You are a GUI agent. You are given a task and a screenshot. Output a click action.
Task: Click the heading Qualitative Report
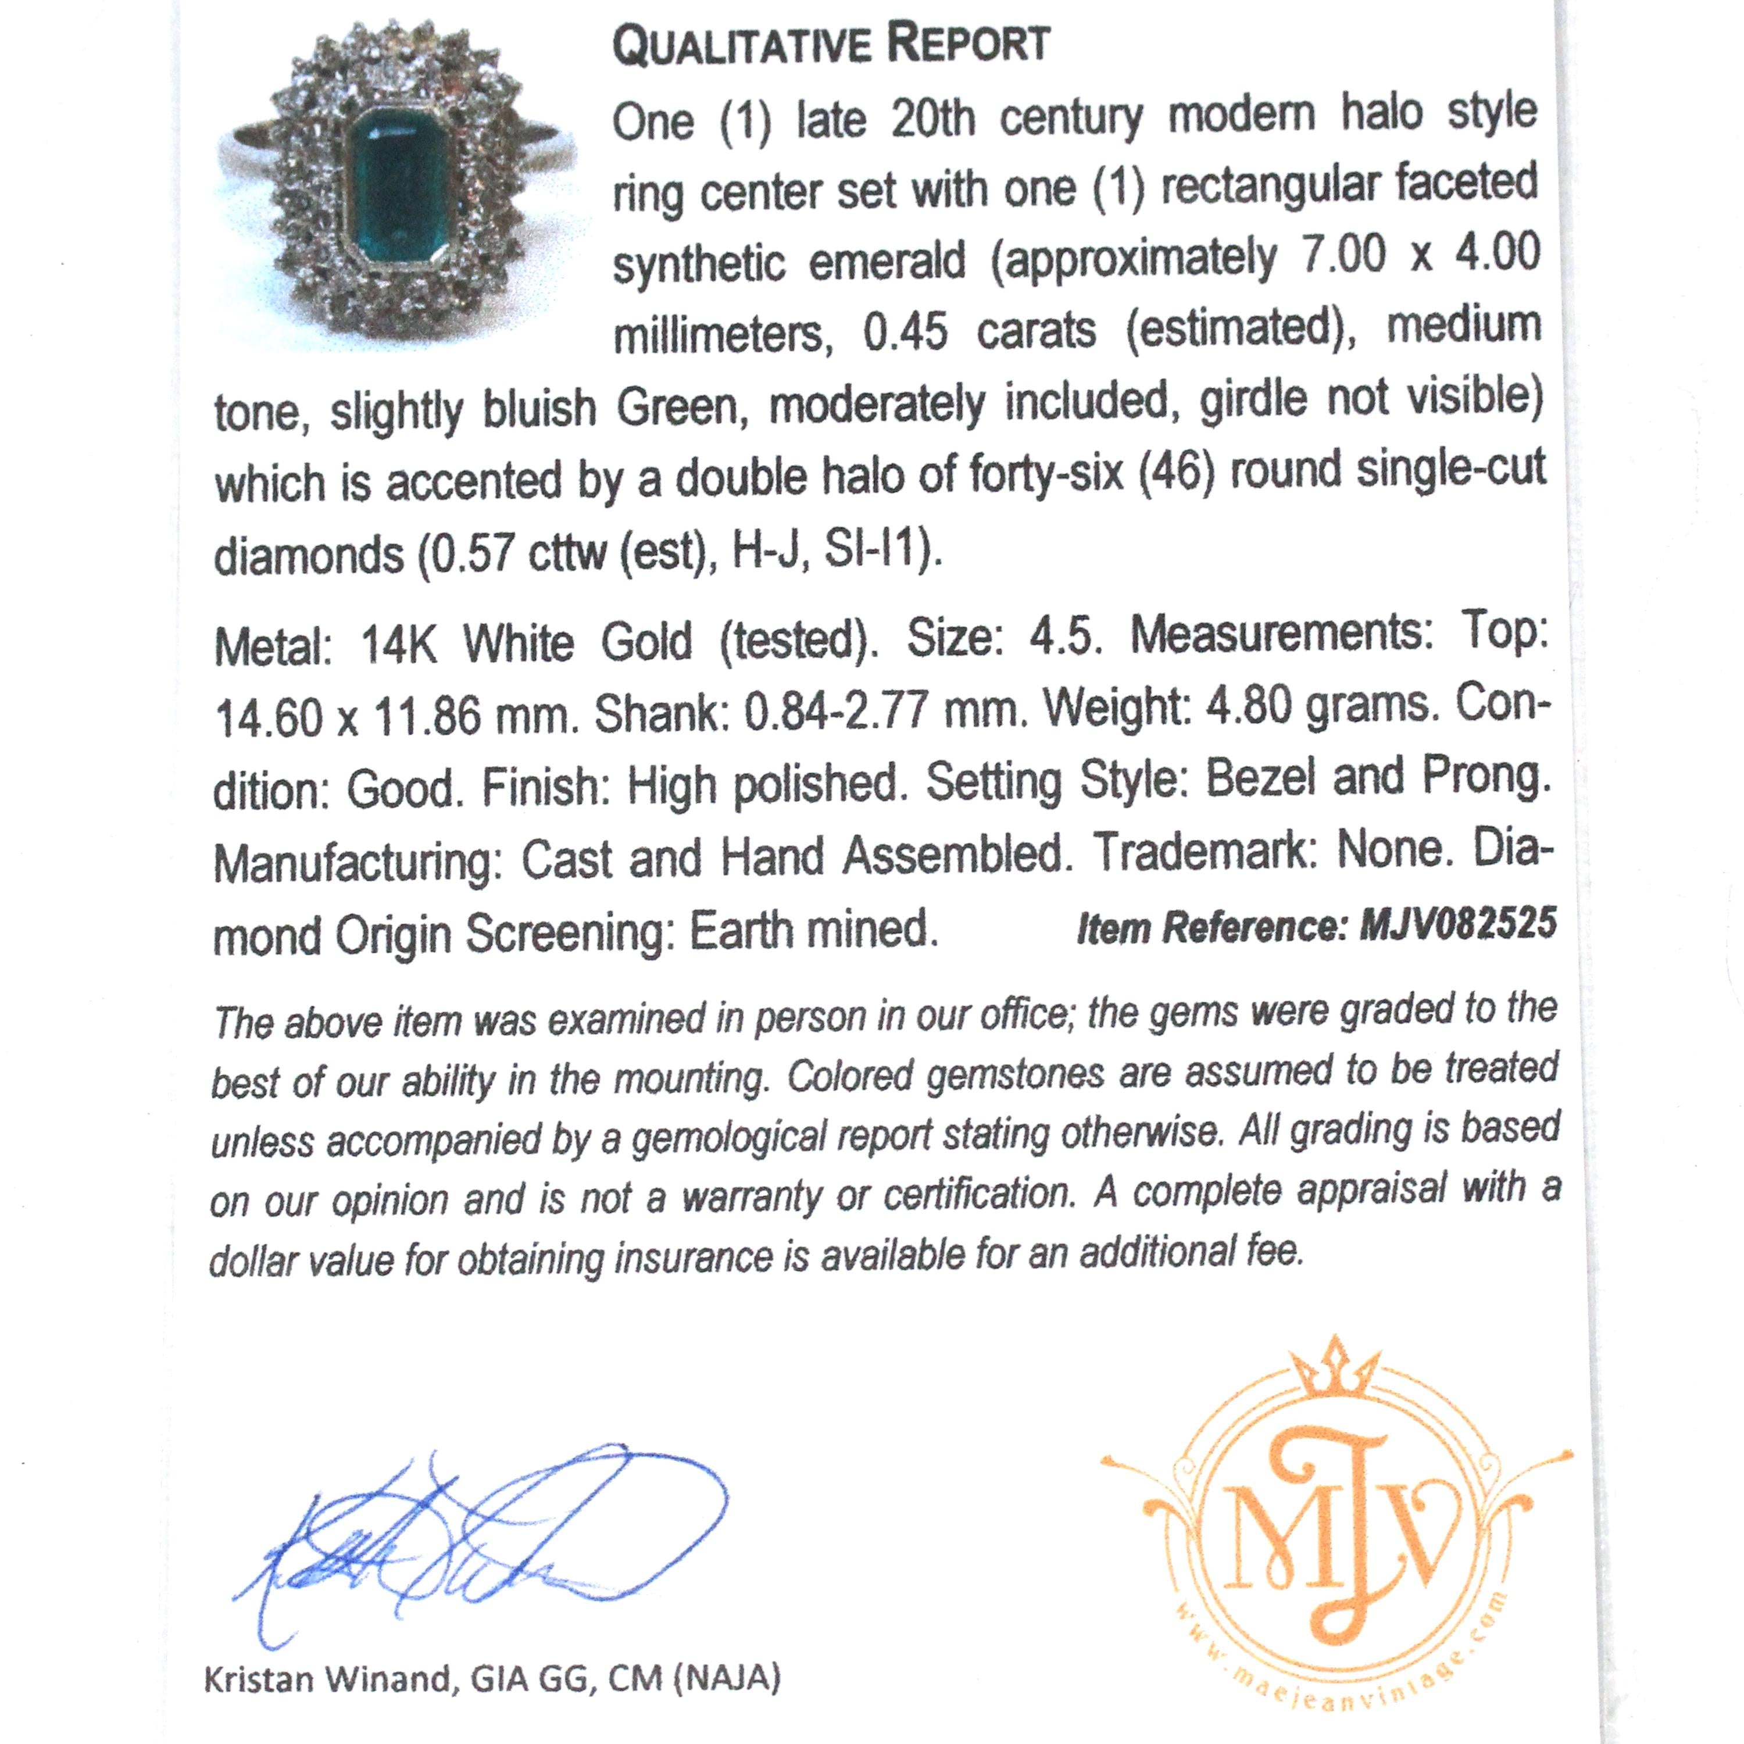[x=831, y=45]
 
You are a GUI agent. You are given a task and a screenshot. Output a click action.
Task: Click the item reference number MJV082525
[x=1458, y=925]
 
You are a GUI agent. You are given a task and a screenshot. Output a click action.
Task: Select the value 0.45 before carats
[x=905, y=332]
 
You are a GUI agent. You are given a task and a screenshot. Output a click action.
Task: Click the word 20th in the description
[x=932, y=120]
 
